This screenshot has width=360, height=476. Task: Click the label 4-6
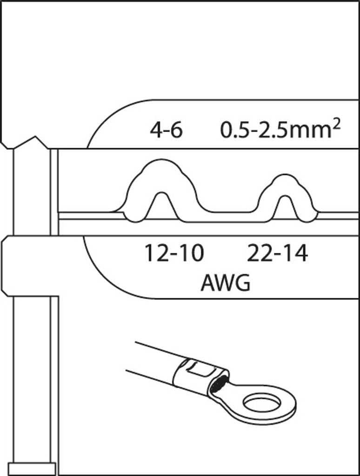click(166, 131)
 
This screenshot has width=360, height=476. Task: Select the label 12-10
click(173, 253)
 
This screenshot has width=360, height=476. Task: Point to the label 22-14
click(277, 253)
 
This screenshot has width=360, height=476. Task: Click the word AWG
click(225, 283)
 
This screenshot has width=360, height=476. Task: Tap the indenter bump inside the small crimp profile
click(285, 207)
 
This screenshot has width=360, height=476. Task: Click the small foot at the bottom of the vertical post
click(32, 468)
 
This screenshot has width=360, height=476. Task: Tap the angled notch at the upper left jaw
click(26, 142)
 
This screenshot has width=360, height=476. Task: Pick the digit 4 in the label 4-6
click(156, 131)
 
